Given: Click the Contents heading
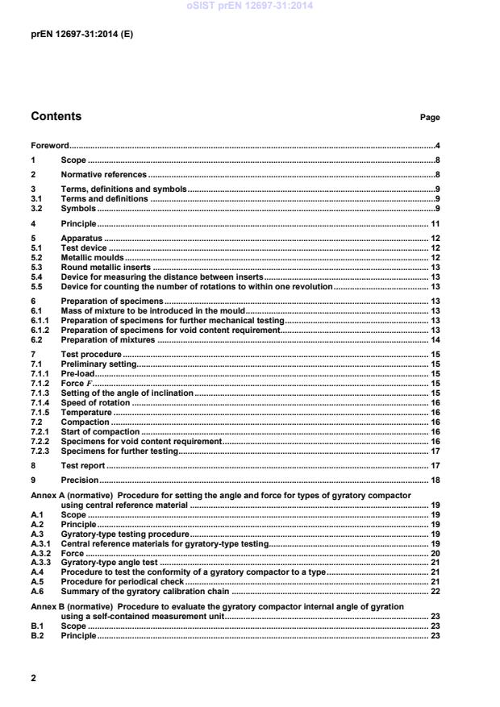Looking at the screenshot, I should (x=56, y=117).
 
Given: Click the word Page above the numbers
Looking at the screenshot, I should (x=430, y=118).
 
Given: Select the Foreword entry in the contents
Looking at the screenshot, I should (x=49, y=146).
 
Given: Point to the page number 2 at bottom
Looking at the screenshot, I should (x=34, y=678).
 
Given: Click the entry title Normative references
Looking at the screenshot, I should (x=104, y=174).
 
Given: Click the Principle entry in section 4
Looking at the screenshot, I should (x=79, y=222).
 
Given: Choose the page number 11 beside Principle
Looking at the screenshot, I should (x=434, y=222).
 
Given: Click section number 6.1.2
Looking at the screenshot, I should (x=40, y=330).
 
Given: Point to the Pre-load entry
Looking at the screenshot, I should (x=77, y=373).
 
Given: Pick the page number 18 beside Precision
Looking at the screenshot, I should (x=434, y=480).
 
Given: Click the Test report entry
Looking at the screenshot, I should (x=84, y=465).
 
